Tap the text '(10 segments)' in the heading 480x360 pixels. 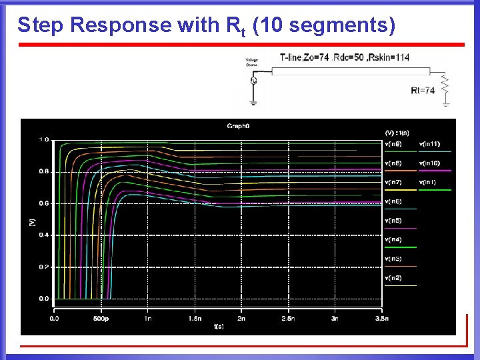point(325,25)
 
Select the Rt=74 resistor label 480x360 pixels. point(423,90)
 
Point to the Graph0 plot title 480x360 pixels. point(238,125)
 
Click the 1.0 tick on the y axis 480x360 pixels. point(43,139)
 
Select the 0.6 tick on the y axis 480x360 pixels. point(43,203)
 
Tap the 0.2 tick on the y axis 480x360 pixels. point(43,267)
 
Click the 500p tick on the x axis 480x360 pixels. point(101,318)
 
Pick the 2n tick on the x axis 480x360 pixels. point(241,318)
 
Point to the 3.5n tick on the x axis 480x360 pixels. point(381,318)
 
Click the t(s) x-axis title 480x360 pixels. point(219,327)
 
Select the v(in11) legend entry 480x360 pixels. point(429,143)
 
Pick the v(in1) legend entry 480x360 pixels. point(429,182)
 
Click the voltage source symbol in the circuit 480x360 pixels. point(253,81)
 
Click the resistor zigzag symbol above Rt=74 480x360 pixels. point(446,83)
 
